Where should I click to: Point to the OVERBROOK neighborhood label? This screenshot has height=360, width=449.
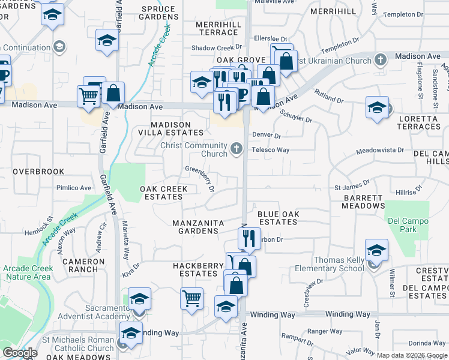(x=38, y=172)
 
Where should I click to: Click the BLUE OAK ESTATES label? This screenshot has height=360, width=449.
(x=277, y=218)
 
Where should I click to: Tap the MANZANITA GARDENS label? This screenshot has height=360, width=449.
(x=198, y=227)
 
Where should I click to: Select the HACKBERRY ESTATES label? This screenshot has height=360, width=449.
(x=195, y=269)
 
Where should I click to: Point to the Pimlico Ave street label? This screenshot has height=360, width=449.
(x=73, y=188)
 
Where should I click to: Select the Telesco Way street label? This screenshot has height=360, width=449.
(x=271, y=150)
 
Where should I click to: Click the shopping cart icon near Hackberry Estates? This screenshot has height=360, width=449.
(x=191, y=298)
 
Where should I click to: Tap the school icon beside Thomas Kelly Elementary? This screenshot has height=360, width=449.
(x=376, y=250)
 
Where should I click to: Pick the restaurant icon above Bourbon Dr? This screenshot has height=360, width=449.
(x=250, y=238)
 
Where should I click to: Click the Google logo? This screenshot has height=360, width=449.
(x=20, y=353)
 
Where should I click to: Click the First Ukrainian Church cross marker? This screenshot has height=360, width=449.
(x=379, y=60)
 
